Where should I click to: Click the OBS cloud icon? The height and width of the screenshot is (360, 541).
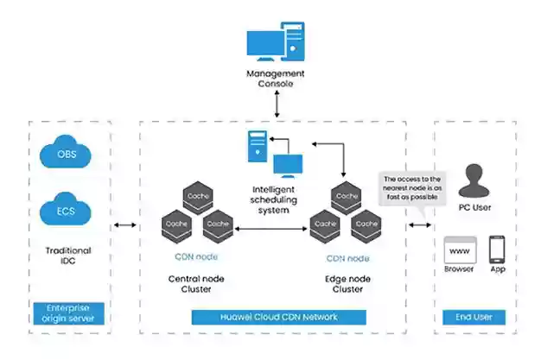click(x=66, y=152)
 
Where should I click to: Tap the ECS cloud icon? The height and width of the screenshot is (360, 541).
click(x=66, y=209)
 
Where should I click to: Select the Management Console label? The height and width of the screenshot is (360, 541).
click(x=276, y=79)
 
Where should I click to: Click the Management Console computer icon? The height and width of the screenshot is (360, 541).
click(x=276, y=41)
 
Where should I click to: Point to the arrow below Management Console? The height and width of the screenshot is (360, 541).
click(x=277, y=104)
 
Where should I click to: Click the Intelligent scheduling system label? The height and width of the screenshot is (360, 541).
click(x=274, y=199)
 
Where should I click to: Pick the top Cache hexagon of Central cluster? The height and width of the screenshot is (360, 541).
click(x=198, y=197)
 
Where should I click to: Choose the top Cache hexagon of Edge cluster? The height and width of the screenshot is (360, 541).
click(x=346, y=197)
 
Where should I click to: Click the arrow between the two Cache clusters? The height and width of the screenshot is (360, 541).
click(x=270, y=229)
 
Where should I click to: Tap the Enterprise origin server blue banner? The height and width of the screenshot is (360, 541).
click(x=68, y=313)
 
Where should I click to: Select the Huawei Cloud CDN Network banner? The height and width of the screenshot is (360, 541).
click(x=279, y=317)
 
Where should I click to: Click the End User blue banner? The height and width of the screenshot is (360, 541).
click(x=474, y=317)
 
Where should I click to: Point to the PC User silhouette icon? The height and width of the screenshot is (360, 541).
click(x=474, y=180)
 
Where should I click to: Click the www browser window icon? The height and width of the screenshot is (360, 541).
click(x=461, y=249)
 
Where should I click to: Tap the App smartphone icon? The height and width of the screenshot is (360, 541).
click(x=497, y=249)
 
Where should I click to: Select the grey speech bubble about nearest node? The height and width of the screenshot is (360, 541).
click(x=412, y=189)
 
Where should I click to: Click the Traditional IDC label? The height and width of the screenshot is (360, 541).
click(x=68, y=256)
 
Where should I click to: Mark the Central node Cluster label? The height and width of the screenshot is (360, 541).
click(x=196, y=284)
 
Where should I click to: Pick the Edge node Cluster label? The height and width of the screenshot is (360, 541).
click(x=347, y=284)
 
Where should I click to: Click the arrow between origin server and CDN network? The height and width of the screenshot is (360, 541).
click(x=125, y=225)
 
